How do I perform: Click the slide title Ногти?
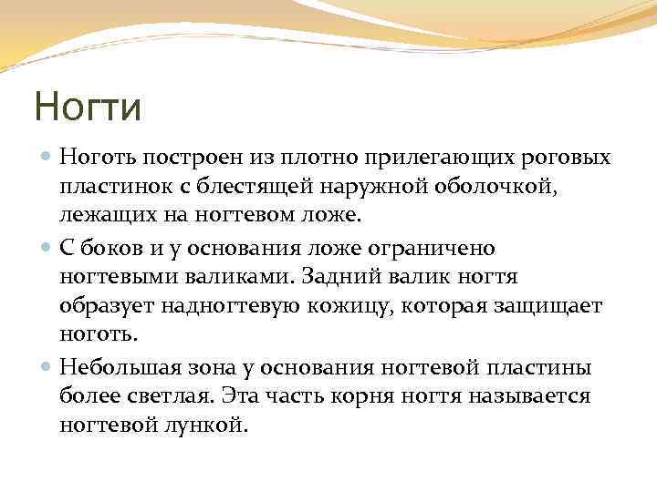tap(88, 108)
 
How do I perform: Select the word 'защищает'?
tap(551, 307)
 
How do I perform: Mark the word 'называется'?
tap(528, 396)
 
